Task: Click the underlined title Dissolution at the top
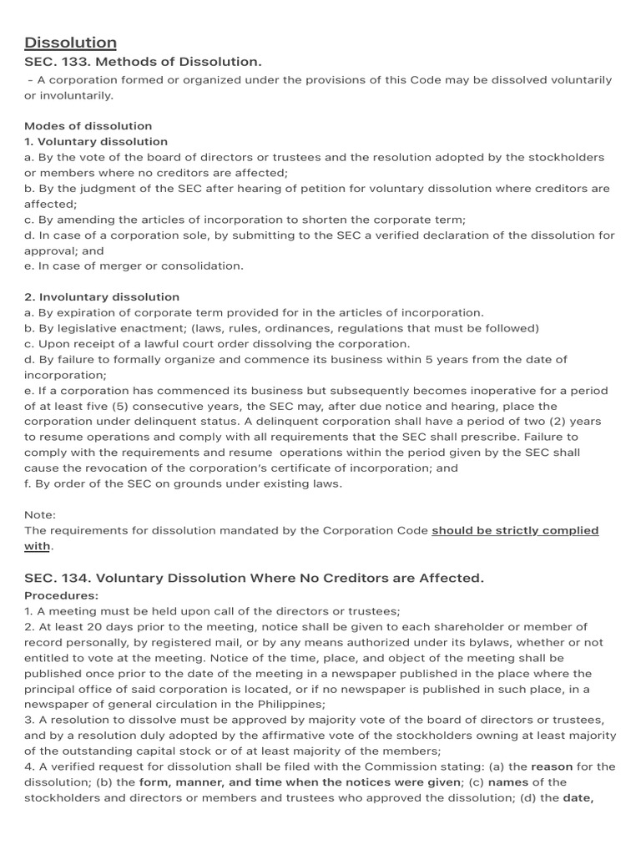pos(70,43)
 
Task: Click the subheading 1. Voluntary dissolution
pos(96,142)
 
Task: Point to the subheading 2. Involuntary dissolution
pos(102,296)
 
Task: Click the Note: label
pos(40,515)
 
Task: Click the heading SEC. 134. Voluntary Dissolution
pos(254,578)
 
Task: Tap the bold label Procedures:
pos(61,595)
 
